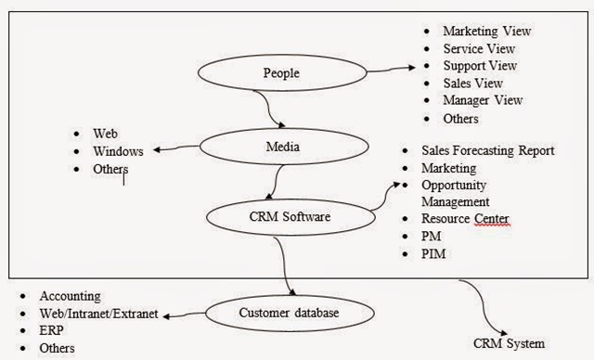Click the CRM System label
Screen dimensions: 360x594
(510, 343)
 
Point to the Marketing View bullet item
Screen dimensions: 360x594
(486, 32)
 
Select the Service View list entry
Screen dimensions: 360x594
(479, 49)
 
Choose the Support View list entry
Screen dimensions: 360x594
(480, 66)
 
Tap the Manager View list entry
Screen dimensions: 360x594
(483, 100)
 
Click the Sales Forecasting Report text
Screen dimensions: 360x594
(487, 150)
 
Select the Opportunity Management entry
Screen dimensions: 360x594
(455, 193)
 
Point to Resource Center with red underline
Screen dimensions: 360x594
(465, 219)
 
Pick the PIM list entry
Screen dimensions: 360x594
(433, 253)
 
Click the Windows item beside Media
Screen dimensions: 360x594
(118, 151)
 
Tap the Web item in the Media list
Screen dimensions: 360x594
(105, 135)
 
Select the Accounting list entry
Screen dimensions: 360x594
(71, 296)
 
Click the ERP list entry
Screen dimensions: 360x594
(52, 331)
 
